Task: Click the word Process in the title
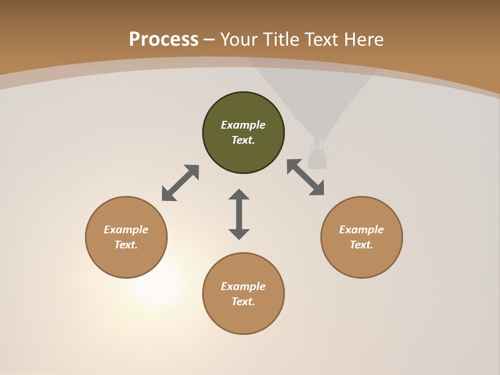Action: [164, 39]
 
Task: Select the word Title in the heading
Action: [284, 40]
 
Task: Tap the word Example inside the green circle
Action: [243, 125]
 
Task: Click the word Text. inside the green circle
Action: [243, 140]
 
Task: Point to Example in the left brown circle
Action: [126, 230]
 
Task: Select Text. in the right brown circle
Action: [361, 245]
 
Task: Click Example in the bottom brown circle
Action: [243, 286]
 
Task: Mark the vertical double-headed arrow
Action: [239, 214]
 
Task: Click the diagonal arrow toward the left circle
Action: [180, 183]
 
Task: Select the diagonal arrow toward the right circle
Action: [306, 177]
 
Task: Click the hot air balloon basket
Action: [317, 159]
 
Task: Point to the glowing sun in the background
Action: [155, 281]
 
